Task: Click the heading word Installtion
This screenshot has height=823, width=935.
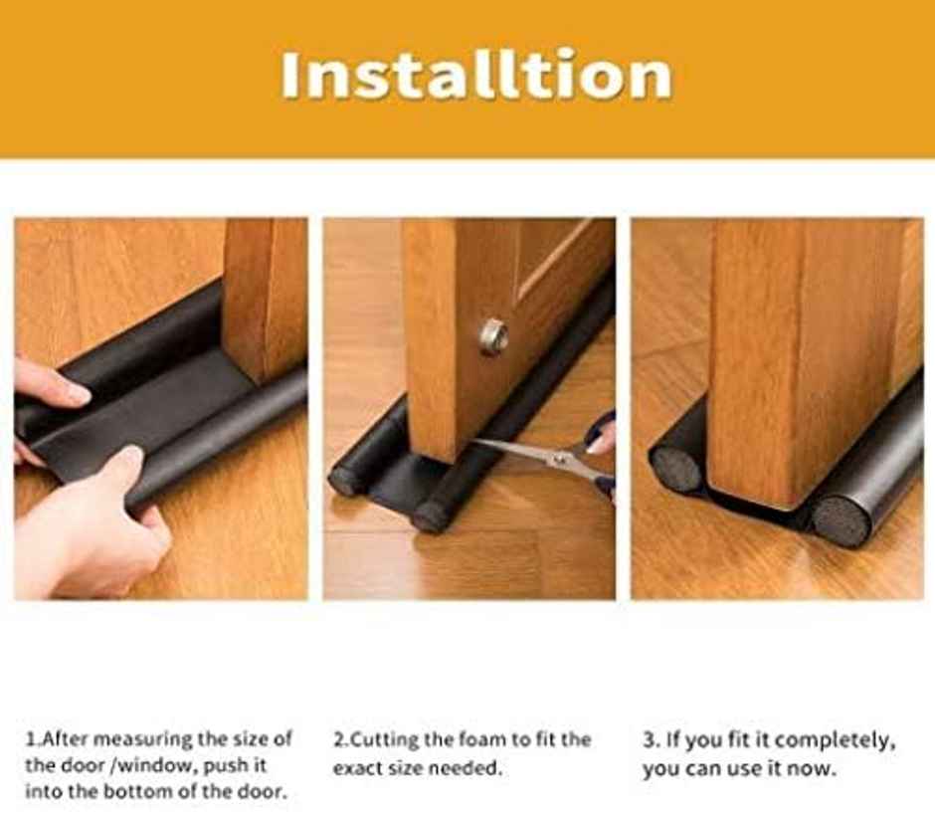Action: click(x=475, y=76)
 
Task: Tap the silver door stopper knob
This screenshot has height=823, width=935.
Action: click(x=493, y=335)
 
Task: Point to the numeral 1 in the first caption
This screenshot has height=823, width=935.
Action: click(x=30, y=739)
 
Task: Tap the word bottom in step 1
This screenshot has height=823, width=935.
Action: click(x=129, y=792)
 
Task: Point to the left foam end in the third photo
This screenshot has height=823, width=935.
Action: click(x=677, y=467)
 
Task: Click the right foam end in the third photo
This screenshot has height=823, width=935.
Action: click(x=841, y=518)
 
